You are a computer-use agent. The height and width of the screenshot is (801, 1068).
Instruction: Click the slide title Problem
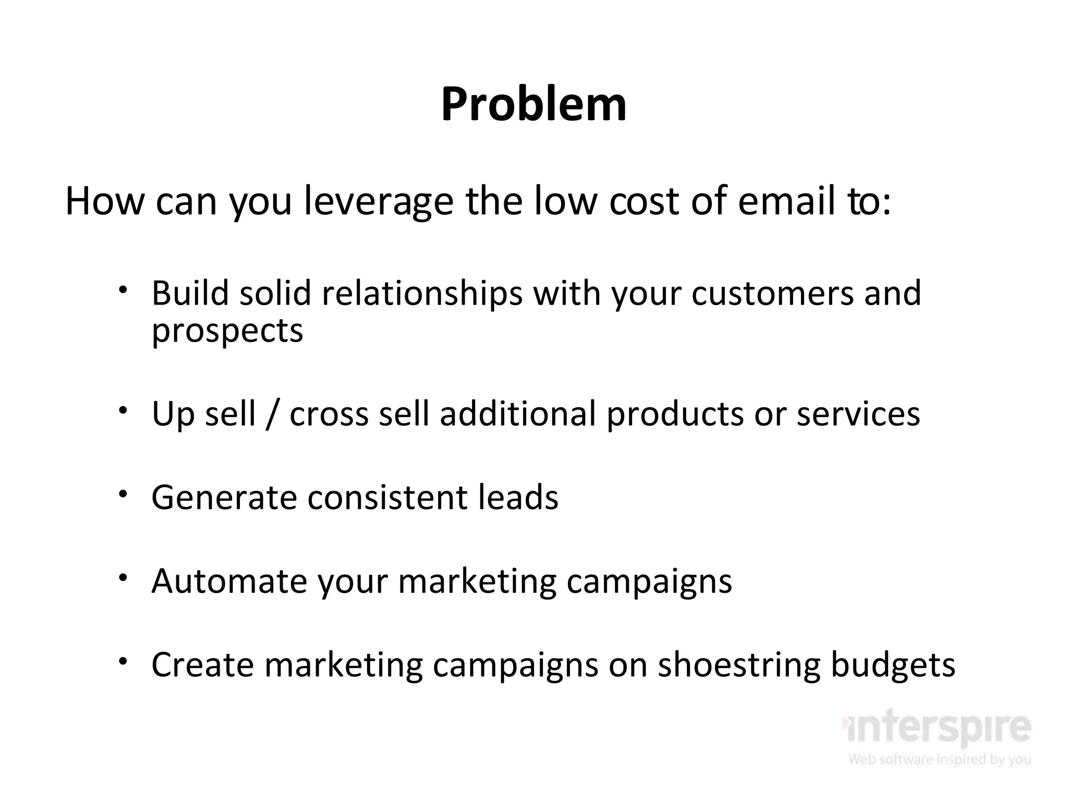tap(533, 105)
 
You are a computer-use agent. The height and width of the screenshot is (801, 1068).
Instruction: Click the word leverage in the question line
tap(379, 202)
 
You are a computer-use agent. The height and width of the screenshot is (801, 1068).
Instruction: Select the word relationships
tap(422, 293)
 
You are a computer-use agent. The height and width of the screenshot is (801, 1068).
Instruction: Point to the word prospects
tap(227, 331)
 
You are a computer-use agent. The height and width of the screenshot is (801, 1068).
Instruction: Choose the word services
tap(858, 414)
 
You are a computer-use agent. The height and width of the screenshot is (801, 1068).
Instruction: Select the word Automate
tap(229, 581)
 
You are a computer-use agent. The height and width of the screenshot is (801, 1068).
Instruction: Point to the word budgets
tap(892, 665)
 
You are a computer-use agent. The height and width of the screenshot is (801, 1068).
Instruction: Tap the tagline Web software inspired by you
tap(939, 759)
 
